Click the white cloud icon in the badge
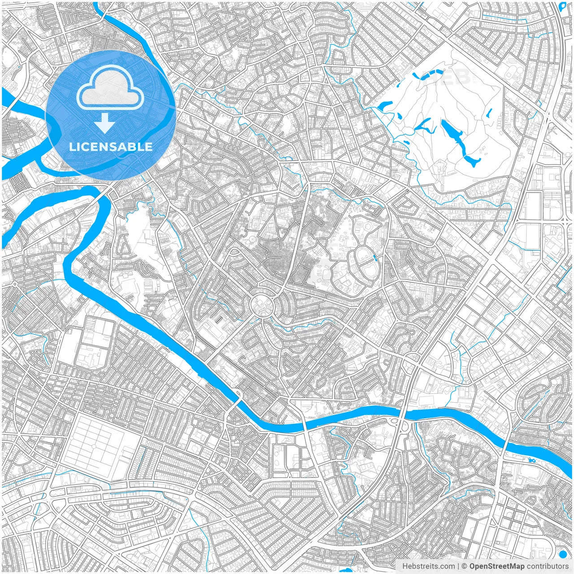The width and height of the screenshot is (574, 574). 110,88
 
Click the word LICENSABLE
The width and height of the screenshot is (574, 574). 110,147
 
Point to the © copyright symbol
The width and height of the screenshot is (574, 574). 465,566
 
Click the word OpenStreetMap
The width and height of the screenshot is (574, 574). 497,566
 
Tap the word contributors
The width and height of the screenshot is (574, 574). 548,566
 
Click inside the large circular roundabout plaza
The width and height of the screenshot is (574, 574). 261,305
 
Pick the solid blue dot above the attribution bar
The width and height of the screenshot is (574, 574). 563,553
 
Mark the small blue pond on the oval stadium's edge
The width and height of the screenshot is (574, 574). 374,258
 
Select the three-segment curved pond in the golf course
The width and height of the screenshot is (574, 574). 431,74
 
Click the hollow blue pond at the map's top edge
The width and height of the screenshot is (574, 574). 564,6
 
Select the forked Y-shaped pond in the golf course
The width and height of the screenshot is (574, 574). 424,125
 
